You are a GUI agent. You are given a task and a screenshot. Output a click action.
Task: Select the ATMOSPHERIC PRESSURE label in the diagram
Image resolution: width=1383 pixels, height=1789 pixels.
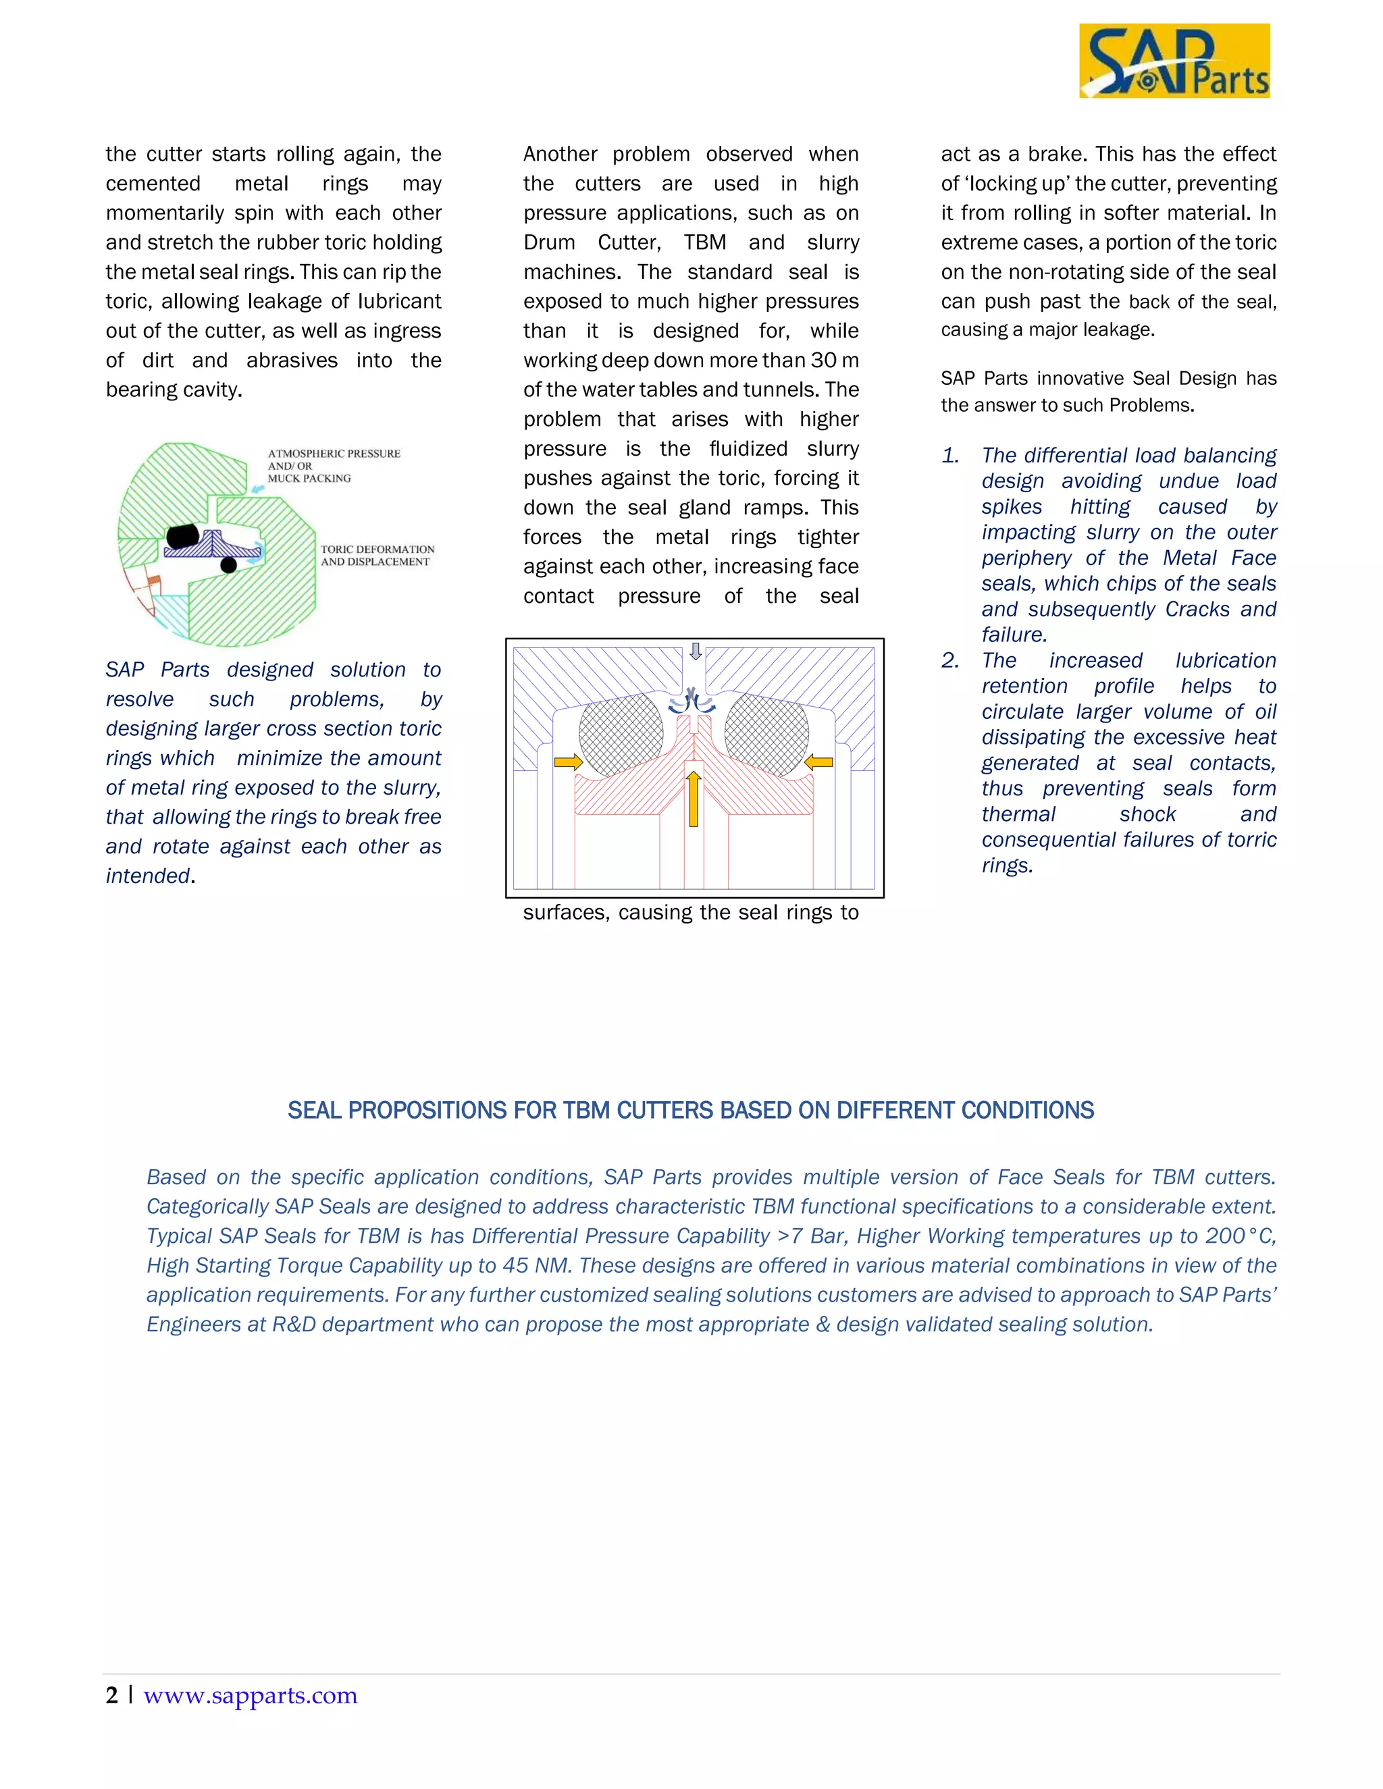tap(334, 454)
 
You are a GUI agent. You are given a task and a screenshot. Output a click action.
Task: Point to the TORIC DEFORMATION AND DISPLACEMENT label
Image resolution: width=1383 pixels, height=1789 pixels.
tap(377, 556)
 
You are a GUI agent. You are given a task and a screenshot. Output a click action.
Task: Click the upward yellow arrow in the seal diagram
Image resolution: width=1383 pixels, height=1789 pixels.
tap(693, 798)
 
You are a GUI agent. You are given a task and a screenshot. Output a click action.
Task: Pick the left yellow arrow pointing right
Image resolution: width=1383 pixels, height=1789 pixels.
tap(568, 762)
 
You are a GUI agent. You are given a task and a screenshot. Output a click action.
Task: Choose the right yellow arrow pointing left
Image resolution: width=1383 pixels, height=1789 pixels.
tap(818, 762)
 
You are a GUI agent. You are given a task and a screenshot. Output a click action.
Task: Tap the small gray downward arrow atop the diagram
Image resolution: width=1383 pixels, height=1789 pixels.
tap(696, 651)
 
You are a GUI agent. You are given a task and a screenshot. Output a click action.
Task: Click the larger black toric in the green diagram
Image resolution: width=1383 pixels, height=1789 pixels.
tap(184, 537)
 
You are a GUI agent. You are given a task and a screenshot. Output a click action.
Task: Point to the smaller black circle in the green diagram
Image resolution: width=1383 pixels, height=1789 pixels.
tap(229, 564)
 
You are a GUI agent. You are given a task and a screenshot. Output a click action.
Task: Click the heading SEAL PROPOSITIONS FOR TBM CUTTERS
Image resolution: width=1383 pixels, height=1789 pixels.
tap(691, 1110)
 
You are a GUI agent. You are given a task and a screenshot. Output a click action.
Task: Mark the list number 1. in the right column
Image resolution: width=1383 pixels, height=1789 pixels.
tap(950, 456)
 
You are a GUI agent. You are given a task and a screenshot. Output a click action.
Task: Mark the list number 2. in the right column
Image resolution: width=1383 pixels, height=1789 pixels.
tap(950, 660)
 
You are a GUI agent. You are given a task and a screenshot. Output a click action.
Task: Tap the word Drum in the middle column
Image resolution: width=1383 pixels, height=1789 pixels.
tap(549, 242)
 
